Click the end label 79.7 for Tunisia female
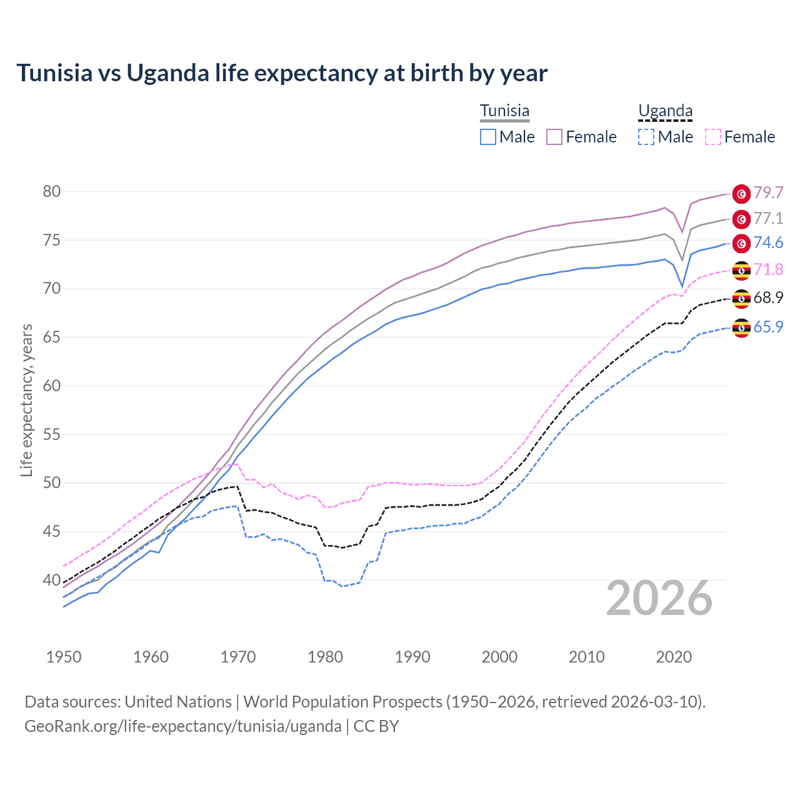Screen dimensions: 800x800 (x=768, y=192)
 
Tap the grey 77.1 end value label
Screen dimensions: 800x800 (x=768, y=218)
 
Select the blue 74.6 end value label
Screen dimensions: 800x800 (x=768, y=242)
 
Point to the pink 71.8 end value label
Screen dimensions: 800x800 (x=768, y=269)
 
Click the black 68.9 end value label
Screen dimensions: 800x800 (x=768, y=297)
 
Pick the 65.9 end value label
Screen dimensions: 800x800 (x=768, y=327)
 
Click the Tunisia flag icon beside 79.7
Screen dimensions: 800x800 (x=741, y=194)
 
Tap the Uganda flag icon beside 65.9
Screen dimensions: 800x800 (x=741, y=327)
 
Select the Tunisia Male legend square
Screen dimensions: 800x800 (x=488, y=137)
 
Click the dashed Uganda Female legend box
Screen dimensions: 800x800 (x=713, y=137)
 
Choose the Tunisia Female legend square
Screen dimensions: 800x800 (x=554, y=137)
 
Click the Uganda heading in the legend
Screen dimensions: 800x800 (x=665, y=111)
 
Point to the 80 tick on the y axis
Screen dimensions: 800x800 (x=52, y=192)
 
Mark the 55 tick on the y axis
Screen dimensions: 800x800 (x=52, y=434)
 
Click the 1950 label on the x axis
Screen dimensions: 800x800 (x=64, y=657)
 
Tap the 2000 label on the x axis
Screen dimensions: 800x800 (x=499, y=657)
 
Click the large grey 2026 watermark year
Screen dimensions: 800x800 (x=659, y=598)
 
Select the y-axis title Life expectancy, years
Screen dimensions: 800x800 (x=27, y=400)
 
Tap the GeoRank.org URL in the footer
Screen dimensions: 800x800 (x=182, y=726)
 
